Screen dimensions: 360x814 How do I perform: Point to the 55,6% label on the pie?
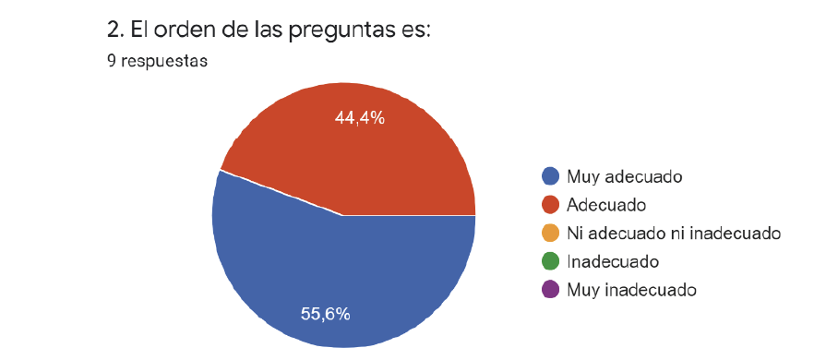326,314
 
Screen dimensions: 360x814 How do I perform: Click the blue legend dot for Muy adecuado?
551,175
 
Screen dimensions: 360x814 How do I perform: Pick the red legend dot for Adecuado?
551,204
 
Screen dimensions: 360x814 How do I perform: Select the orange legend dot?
551,233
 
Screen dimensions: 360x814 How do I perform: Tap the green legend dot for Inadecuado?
551,261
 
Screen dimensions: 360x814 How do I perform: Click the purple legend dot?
551,289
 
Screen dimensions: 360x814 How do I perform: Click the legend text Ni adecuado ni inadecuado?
675,233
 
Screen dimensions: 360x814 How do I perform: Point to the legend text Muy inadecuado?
631,289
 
